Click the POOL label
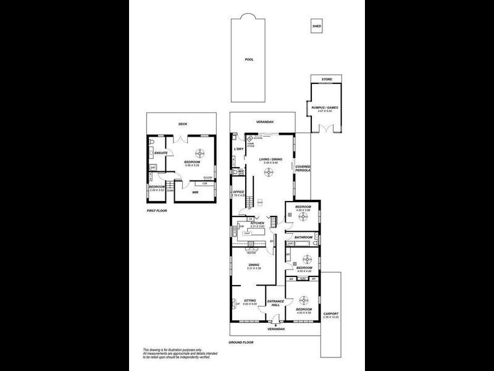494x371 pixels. point(249,59)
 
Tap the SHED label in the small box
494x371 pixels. point(317,27)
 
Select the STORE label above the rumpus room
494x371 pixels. point(326,79)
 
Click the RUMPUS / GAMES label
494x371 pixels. point(325,107)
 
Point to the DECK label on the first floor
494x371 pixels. point(183,124)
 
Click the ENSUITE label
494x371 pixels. point(162,153)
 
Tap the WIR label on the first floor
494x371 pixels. point(195,192)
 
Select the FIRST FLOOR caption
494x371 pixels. point(157,210)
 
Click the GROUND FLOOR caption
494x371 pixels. point(241,342)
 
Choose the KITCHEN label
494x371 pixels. point(257,223)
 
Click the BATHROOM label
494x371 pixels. point(303,237)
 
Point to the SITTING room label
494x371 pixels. point(249,300)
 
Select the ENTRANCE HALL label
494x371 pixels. point(275,303)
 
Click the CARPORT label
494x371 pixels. point(331,313)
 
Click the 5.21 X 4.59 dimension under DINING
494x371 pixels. point(255,268)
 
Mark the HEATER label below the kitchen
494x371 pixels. point(251,252)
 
